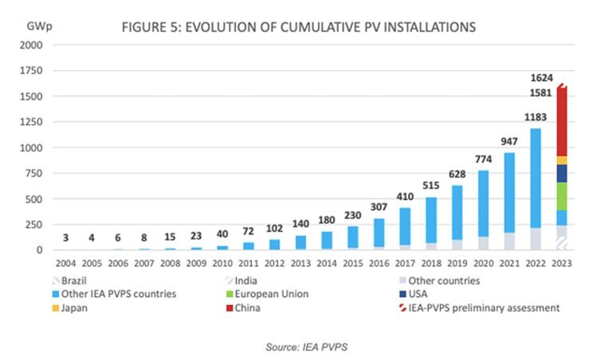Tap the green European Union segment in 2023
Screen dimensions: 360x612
(561, 196)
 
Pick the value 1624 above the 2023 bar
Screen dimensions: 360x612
(541, 78)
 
